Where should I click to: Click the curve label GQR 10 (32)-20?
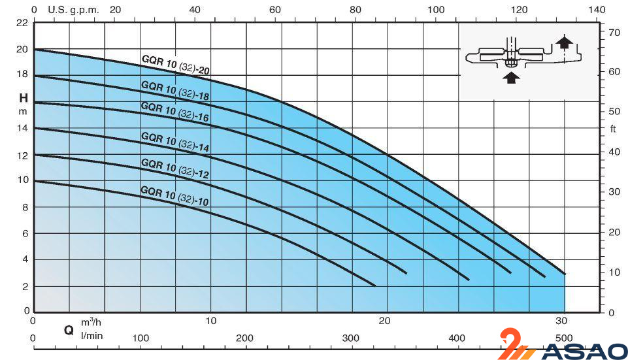175,65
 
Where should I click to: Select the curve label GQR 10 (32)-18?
175,91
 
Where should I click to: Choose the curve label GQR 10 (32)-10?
174,195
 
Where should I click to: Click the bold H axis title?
23,99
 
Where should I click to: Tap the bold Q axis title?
67,331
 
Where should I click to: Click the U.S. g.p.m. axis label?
71,10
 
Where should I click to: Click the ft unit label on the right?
613,129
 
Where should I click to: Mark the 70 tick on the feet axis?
614,32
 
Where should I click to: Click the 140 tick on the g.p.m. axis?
597,10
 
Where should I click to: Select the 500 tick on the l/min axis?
564,338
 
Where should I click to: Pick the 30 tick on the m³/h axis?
561,321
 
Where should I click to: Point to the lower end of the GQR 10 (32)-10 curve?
375,286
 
